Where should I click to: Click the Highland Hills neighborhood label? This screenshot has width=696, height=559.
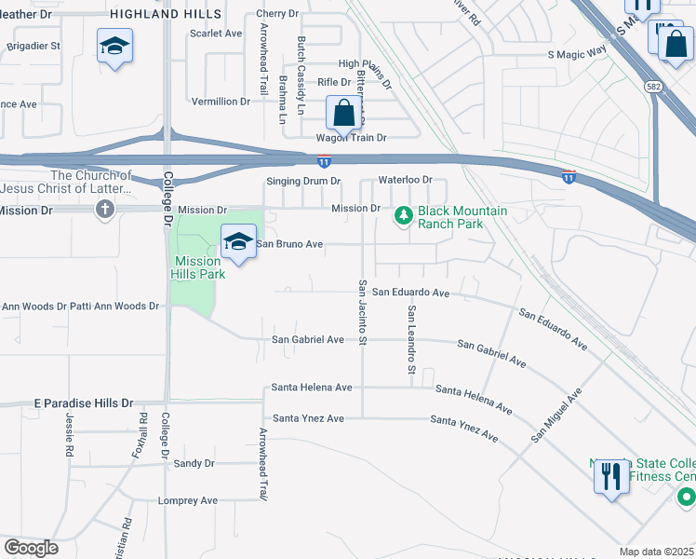166,13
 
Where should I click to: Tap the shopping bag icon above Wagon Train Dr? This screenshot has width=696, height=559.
343,114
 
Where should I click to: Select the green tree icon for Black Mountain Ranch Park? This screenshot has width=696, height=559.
403,216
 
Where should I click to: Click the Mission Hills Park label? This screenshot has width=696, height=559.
197,268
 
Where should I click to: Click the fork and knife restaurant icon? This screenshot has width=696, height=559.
610,478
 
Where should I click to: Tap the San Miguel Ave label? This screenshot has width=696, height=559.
556,416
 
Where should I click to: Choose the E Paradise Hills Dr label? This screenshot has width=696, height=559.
84,402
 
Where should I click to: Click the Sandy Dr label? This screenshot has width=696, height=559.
194,463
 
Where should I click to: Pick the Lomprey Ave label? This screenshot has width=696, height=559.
189,500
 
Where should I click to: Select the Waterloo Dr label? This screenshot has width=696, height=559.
405,179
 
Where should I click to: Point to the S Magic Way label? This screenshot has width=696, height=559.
577,55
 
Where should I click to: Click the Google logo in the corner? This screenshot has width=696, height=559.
31,548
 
